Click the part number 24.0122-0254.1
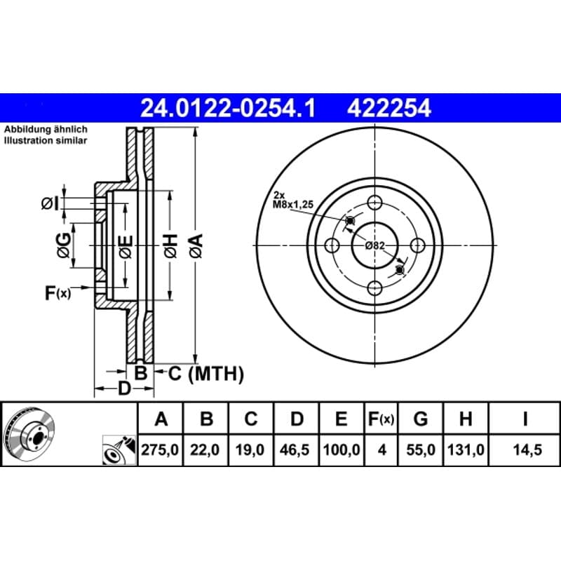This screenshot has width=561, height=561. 228,109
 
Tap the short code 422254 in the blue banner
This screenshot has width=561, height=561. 389,109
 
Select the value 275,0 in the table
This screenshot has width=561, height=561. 160,450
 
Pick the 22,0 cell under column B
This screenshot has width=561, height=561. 205,450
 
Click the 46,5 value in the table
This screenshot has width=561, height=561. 295,450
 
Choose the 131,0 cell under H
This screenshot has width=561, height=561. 466,450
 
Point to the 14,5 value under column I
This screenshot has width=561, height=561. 527,450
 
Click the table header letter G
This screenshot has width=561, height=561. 420,419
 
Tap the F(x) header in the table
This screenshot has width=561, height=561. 381,419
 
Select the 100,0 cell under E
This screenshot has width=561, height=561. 342,450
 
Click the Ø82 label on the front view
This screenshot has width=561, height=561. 374,245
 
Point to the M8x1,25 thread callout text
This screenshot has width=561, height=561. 293,204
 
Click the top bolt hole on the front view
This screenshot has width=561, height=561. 374,203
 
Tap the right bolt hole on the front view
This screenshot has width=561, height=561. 417,245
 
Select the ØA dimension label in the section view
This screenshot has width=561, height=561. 196,245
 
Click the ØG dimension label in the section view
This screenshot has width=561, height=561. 64,245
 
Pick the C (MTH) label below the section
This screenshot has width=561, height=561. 205,374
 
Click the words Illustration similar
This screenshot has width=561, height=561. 46,141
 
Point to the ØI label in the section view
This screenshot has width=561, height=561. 50,203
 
